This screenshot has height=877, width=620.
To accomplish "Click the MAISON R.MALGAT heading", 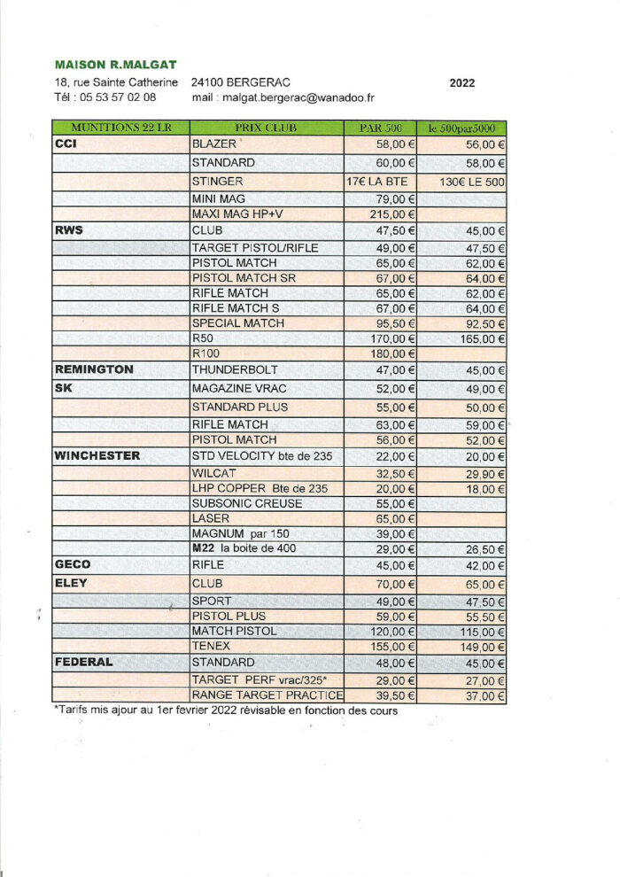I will pos(115,65).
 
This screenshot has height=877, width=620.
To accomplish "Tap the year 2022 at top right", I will pos(461,83).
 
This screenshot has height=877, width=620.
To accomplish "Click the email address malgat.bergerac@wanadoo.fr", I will pos(298,97).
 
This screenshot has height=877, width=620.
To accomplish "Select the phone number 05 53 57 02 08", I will pos(116,97).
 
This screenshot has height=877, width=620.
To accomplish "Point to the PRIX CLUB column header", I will pos(266,128).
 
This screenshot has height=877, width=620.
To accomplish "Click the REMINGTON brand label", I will pos(94,369).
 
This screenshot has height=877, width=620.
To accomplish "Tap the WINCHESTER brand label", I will pos(97,455).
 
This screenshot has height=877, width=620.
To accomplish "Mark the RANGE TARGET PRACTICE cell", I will pos(267,695).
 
